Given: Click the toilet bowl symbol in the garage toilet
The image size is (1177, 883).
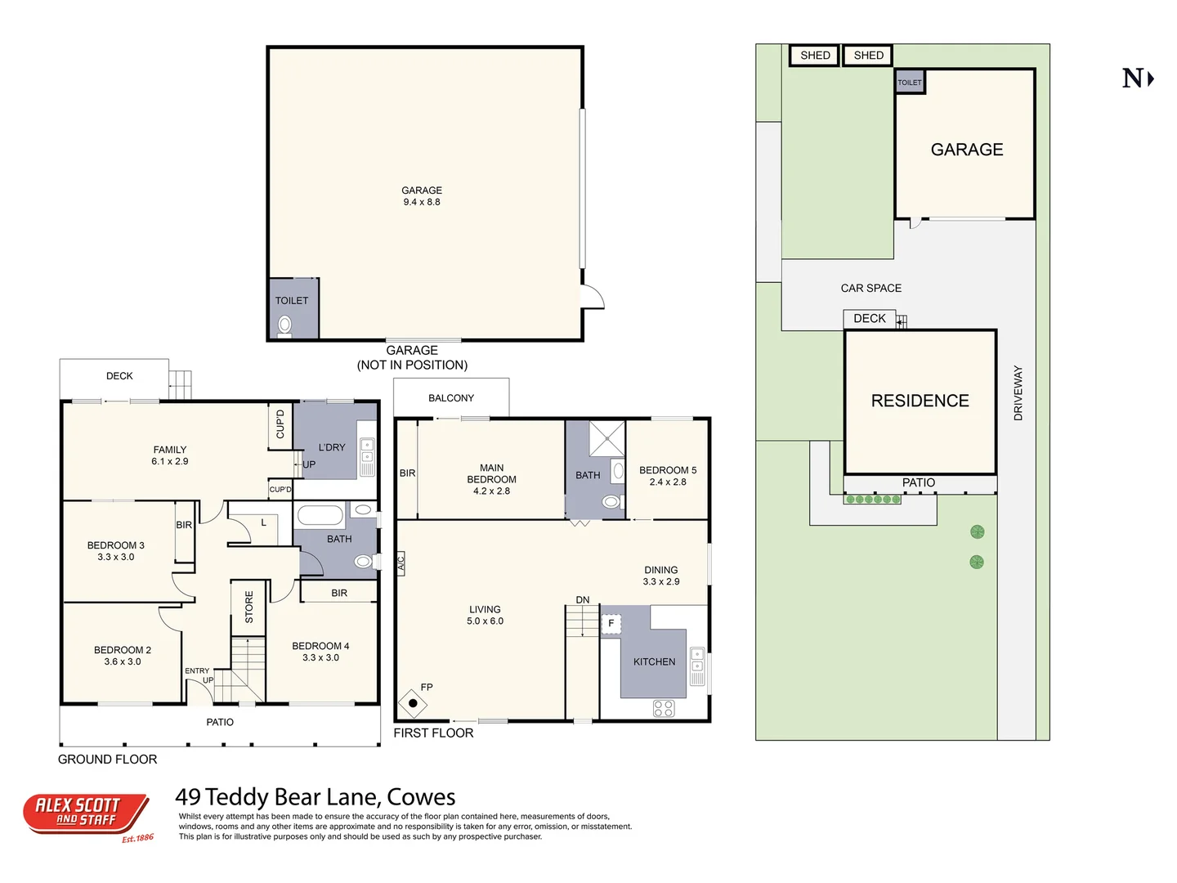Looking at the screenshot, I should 284,325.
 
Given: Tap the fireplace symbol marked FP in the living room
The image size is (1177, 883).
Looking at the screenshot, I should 413,703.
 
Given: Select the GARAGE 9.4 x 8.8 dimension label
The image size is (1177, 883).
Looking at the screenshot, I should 422,196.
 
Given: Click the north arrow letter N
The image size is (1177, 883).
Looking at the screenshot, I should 1133,79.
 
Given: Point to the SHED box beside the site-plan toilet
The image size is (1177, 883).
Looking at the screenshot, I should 868,56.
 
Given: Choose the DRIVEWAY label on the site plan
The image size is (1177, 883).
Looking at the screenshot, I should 1018,393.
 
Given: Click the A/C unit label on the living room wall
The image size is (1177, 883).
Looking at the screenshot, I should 401,563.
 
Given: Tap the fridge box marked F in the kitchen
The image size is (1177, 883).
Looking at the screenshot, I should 611,624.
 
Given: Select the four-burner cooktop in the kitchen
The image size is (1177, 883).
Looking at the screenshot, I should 664,709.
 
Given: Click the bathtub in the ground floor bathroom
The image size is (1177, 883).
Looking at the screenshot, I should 320,515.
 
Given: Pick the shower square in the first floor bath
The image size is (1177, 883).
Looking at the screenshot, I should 606,439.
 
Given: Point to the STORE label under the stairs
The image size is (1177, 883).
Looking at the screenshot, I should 249,607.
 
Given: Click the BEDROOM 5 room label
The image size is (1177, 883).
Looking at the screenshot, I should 668,476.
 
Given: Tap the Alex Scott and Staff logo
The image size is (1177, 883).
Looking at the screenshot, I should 86,814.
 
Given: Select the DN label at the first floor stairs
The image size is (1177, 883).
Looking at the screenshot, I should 583,600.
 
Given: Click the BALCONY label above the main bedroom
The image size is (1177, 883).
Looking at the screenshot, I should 451,398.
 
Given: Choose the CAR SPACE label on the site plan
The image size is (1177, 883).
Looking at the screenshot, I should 871,289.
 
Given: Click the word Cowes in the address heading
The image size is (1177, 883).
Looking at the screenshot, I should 421,797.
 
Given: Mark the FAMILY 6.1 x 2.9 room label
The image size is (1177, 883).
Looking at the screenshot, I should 170,455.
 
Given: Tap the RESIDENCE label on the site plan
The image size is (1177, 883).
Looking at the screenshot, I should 920,401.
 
